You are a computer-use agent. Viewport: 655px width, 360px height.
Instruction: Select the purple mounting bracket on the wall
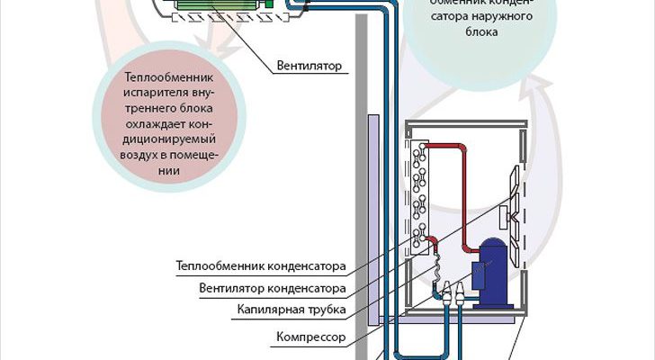pos(372,216)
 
